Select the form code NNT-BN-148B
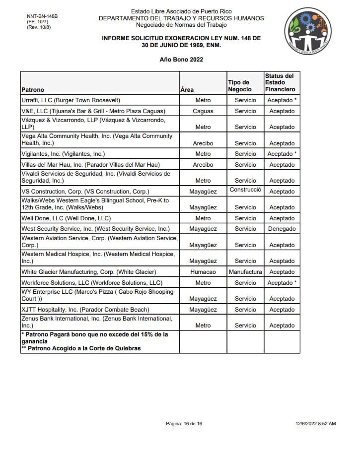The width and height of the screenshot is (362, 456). tap(42, 16)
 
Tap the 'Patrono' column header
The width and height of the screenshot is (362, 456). tap(33, 90)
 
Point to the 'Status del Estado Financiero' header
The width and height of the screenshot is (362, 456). tap(280, 83)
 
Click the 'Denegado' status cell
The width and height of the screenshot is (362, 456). tap(282, 229)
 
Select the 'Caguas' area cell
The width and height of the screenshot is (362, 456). tap(203, 111)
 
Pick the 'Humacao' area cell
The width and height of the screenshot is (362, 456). tap(203, 272)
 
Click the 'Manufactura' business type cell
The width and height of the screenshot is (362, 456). tap(245, 272)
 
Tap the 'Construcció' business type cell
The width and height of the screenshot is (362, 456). tap(245, 190)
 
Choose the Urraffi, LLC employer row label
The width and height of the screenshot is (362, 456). tap(71, 100)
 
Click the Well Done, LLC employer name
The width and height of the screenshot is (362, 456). tap(66, 218)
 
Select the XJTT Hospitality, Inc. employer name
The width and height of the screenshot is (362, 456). tap(85, 310)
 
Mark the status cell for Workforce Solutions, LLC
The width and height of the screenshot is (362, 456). tap(282, 283)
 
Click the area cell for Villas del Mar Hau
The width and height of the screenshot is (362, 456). tap(203, 165)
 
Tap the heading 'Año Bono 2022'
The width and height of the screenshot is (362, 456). tap(181, 60)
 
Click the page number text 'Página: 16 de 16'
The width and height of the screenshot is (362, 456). tap(184, 423)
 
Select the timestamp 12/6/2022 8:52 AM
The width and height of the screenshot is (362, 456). tap(315, 423)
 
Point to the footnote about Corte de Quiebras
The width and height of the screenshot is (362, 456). tap(81, 348)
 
